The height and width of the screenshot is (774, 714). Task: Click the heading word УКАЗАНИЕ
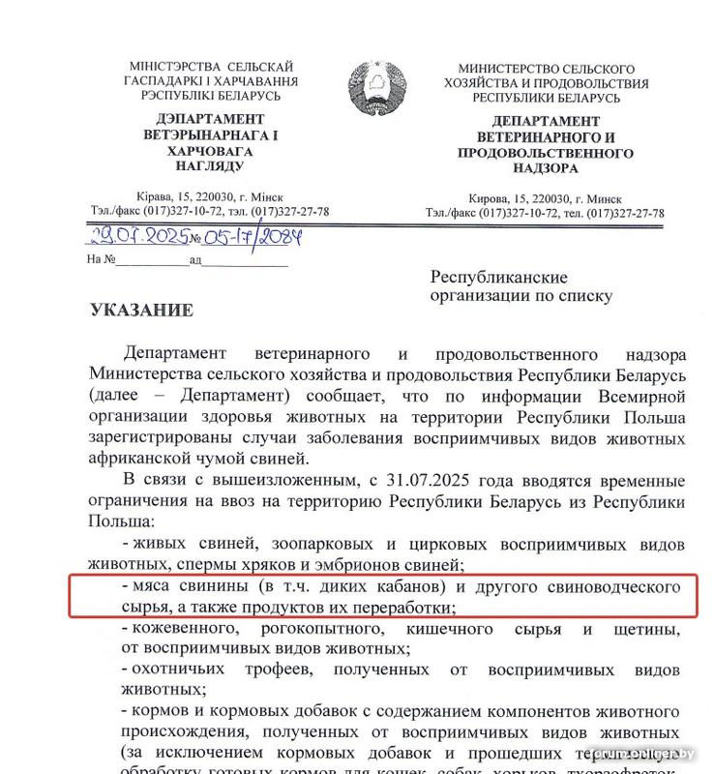tap(141, 311)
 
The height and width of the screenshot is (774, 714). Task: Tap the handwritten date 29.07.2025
tap(138, 236)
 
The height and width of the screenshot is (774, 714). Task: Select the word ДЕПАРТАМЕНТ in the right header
tap(546, 122)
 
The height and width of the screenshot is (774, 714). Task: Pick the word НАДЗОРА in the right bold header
tap(546, 167)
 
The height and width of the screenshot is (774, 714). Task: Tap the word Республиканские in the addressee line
tap(499, 278)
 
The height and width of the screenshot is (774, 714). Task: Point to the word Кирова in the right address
tap(489, 197)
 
